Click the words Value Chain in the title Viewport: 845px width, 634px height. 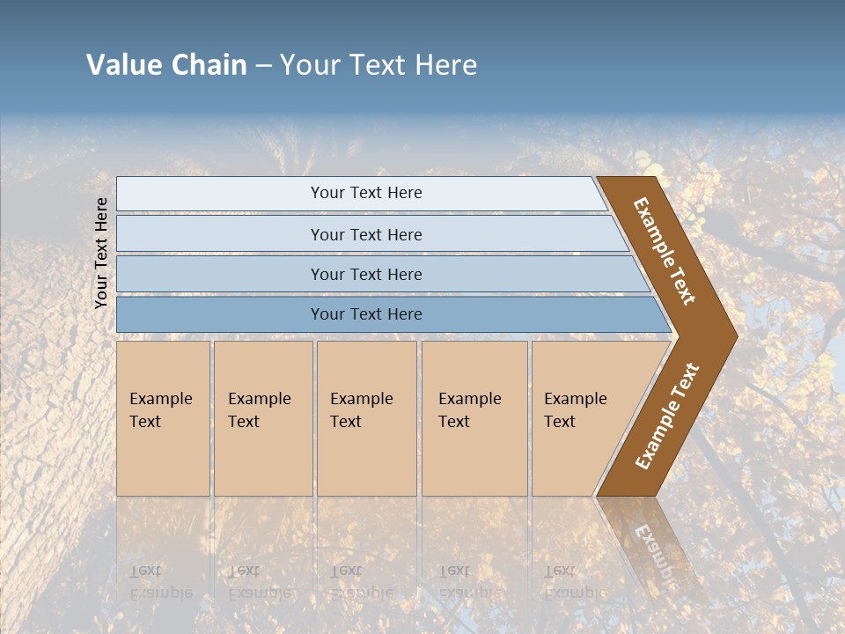click(x=166, y=65)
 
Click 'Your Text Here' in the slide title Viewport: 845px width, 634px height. click(x=378, y=65)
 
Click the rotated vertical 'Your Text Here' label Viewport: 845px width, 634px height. click(x=101, y=252)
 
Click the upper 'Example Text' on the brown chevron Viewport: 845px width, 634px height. click(x=665, y=251)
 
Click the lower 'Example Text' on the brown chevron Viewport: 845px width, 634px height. click(x=667, y=417)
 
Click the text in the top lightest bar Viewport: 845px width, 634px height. click(x=366, y=193)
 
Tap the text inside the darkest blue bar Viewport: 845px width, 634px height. click(x=366, y=314)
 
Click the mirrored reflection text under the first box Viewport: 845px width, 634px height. click(x=160, y=581)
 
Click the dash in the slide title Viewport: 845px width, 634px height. click(x=263, y=66)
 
